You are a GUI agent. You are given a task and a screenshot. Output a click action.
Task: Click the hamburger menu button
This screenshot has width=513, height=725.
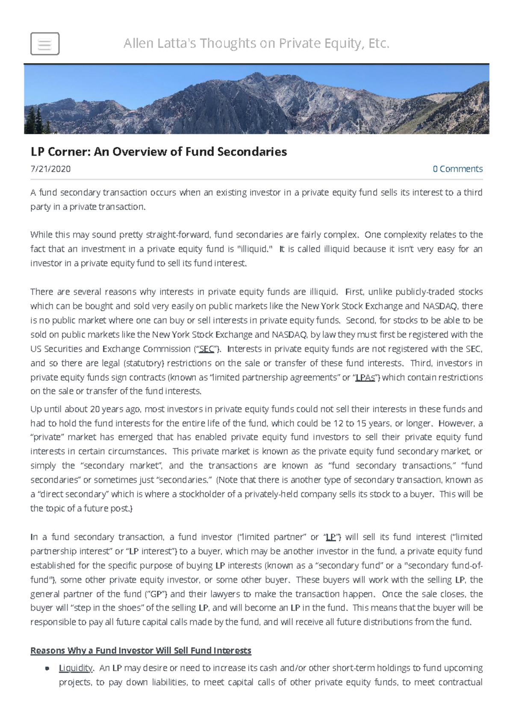click(45, 44)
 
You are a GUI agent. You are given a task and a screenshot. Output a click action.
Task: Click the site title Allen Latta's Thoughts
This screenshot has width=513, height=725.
click(256, 43)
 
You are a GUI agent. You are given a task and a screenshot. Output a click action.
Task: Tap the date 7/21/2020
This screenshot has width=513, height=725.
click(50, 169)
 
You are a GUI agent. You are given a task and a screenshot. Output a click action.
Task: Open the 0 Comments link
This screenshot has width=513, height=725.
click(457, 169)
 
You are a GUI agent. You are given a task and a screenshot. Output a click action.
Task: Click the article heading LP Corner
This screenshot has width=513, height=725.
click(159, 152)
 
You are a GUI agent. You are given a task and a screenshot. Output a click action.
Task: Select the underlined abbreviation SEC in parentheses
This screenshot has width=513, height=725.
click(206, 349)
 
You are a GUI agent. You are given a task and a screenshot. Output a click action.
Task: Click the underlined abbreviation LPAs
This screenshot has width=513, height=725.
click(366, 378)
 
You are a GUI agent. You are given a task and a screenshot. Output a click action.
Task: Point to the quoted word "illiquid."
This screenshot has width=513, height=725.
click(254, 249)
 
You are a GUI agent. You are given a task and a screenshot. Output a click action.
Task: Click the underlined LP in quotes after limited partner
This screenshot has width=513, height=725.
click(330, 537)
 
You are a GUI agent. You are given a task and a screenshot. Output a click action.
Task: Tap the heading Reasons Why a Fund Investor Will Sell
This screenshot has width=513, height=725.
click(141, 651)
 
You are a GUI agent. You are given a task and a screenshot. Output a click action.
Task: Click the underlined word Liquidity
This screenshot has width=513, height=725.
click(76, 668)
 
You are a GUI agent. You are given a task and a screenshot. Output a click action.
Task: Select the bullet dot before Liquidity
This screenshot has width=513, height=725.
click(47, 669)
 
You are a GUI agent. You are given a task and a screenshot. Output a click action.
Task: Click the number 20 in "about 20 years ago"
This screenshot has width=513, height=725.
click(94, 409)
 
